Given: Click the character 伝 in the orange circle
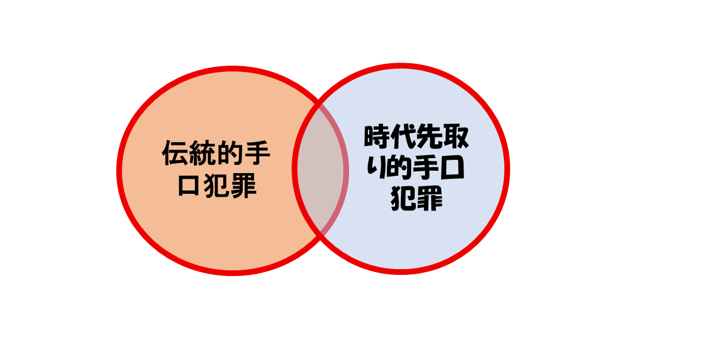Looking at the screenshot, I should [175, 154].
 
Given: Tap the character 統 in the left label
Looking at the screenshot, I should [202, 154].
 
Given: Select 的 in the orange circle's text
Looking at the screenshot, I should [230, 154].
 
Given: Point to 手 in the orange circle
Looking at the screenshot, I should [256, 154].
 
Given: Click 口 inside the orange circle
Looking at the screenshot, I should [189, 186].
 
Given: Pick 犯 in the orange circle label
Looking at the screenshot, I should [216, 186].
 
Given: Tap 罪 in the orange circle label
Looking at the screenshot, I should [243, 186].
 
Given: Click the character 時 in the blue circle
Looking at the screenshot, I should [377, 138].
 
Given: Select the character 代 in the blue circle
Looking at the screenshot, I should [404, 138].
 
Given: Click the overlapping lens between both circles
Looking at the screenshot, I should [320, 170].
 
